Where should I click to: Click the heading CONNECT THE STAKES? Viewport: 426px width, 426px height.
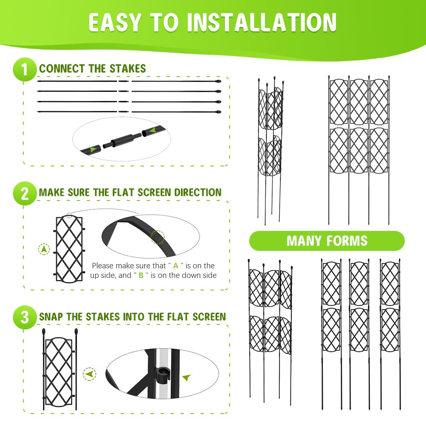point(92,69)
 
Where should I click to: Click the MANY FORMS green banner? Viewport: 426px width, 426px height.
point(327,241)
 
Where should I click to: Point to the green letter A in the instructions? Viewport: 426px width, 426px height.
point(176,266)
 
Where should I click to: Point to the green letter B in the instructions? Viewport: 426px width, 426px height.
point(141,275)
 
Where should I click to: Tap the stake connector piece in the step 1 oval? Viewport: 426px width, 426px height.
point(122,141)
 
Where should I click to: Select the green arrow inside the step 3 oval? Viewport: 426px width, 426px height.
point(186,378)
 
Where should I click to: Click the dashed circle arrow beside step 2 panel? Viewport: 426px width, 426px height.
point(44,250)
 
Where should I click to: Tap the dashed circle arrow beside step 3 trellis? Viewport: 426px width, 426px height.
point(89,374)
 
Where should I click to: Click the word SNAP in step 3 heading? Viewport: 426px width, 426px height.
point(51,317)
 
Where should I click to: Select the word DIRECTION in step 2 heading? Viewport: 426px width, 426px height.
point(198,193)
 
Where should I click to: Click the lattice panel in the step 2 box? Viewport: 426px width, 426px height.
point(69,248)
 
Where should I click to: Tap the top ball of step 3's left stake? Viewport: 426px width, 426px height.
point(44,332)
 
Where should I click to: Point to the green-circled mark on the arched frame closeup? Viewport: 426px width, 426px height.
point(158,238)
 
